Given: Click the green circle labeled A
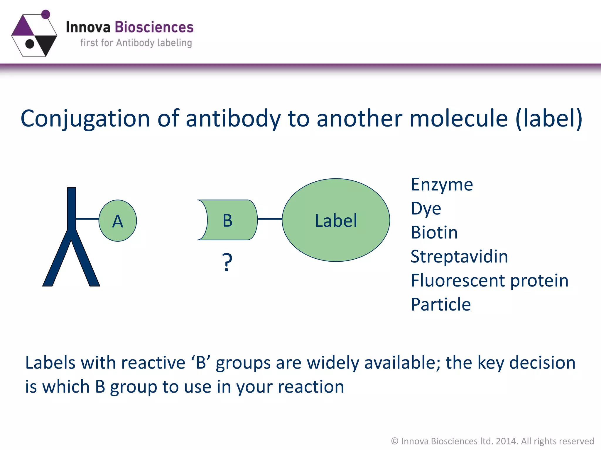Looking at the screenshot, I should coord(118,221).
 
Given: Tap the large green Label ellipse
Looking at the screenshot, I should coord(336,220).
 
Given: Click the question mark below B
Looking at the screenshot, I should coord(227,262).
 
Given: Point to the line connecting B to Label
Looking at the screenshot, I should coord(270,219).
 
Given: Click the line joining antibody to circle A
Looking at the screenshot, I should coord(87,219).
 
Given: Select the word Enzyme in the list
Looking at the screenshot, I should coord(442,185).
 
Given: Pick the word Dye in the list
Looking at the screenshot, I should coord(426,209).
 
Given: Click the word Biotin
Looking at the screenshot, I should coord(434,233).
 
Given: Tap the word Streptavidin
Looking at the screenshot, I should coord(459,257).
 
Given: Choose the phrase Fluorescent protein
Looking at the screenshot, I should coord(489,281).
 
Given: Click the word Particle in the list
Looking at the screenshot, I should coord(441,305).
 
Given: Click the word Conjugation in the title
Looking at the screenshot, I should coord(85,119).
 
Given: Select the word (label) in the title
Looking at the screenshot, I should coord(548,119).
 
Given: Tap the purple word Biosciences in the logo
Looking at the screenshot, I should coord(154,27).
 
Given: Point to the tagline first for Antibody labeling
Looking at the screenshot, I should coord(136,43).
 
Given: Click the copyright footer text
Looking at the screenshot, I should coord(492,441).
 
